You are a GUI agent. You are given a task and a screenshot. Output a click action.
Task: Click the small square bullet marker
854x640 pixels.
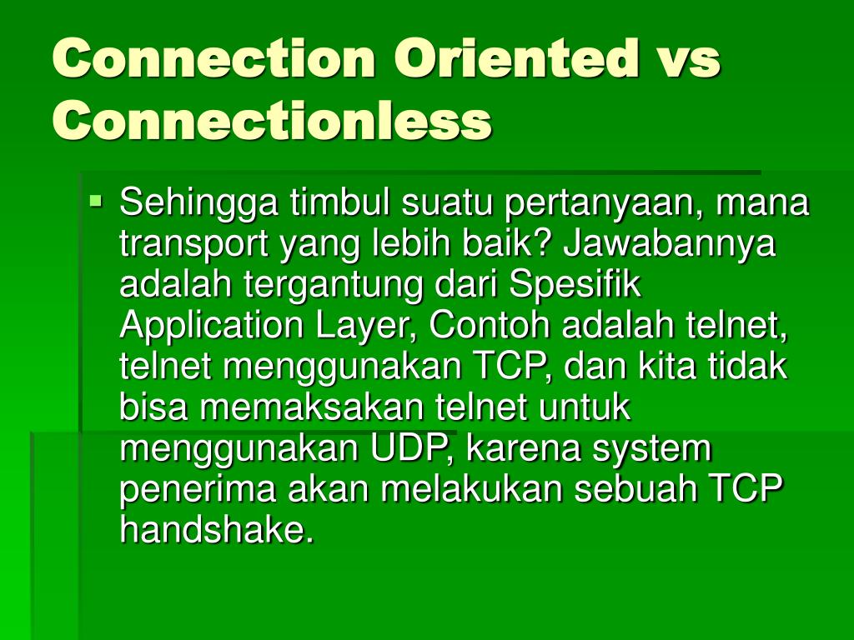pyautogui.click(x=97, y=200)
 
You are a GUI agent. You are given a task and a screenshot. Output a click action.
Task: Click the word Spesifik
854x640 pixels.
pyautogui.click(x=575, y=285)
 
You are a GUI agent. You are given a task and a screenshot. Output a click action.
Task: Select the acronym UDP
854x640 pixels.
pyautogui.click(x=413, y=449)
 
